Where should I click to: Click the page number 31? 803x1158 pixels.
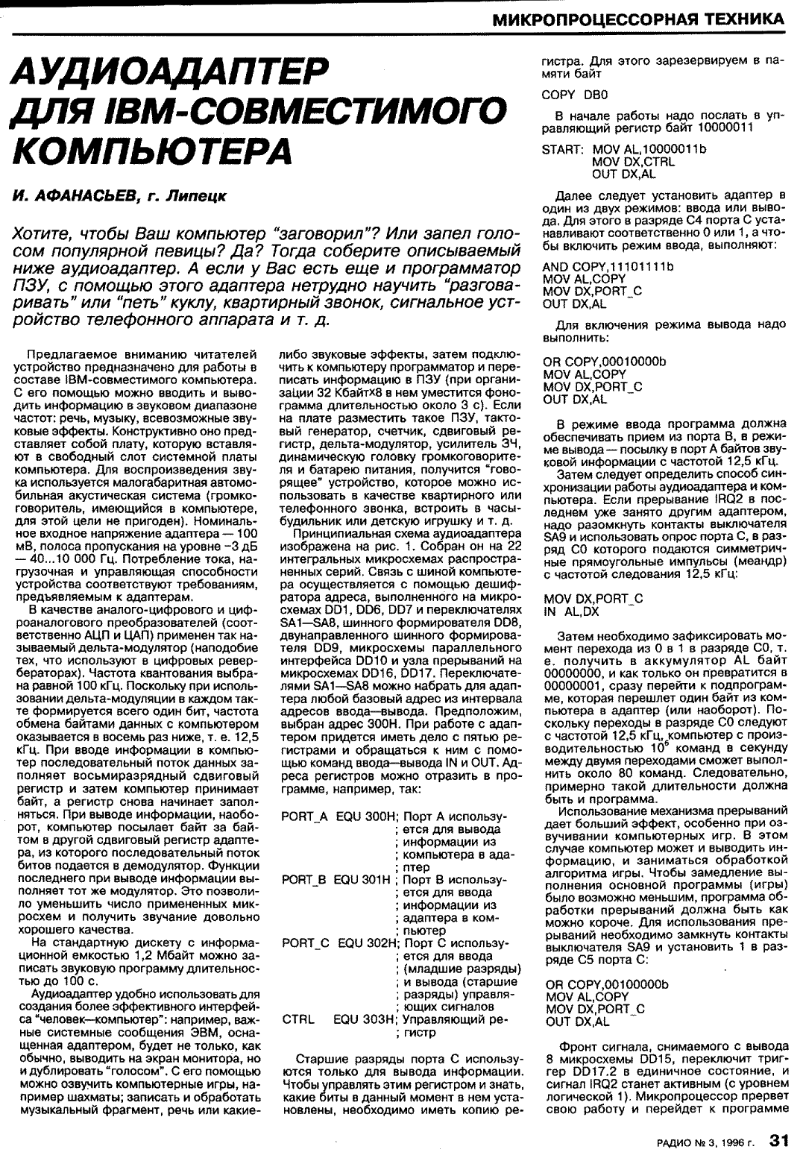click(x=779, y=1140)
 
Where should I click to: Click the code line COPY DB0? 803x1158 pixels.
click(x=575, y=95)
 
